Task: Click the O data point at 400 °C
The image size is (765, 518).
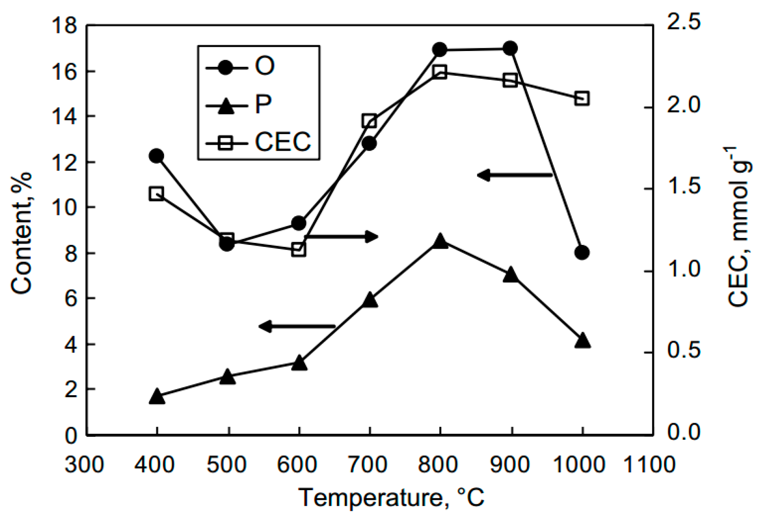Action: pos(157,156)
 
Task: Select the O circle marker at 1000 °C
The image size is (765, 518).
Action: pos(582,252)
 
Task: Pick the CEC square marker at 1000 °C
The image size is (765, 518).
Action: pos(582,98)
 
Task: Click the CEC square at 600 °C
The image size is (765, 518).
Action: pos(299,250)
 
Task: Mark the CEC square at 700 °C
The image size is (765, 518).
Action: pos(370,121)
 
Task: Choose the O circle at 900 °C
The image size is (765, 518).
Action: pos(510,48)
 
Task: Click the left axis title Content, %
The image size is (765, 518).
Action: pos(22,233)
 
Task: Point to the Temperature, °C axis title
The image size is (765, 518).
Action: pos(391,498)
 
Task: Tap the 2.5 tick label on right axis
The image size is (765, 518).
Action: pos(683,22)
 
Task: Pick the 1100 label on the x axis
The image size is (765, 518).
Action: pos(649,465)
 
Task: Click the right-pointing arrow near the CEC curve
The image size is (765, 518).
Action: pos(341,237)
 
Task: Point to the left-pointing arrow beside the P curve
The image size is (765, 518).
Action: pos(297,326)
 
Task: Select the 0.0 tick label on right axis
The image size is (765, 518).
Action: pos(683,432)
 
